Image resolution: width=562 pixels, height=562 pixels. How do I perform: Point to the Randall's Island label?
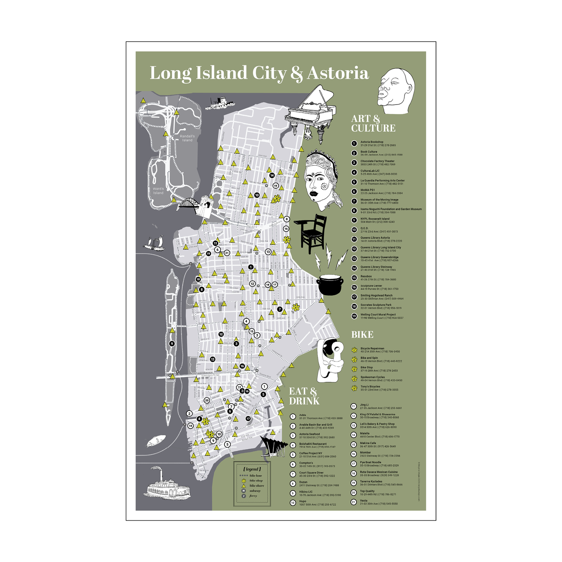(x=187, y=138)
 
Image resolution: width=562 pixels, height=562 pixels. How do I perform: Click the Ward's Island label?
(x=158, y=191)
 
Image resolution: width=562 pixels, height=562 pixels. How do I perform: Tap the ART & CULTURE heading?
(x=373, y=124)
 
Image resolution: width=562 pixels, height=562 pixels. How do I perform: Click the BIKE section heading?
(x=362, y=334)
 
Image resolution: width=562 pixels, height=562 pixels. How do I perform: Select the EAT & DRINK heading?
(x=304, y=396)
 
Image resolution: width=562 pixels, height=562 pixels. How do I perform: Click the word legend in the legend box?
(x=252, y=469)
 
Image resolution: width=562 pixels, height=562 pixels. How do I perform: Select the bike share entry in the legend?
(x=256, y=486)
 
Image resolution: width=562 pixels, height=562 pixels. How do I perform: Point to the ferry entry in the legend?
(x=253, y=496)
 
